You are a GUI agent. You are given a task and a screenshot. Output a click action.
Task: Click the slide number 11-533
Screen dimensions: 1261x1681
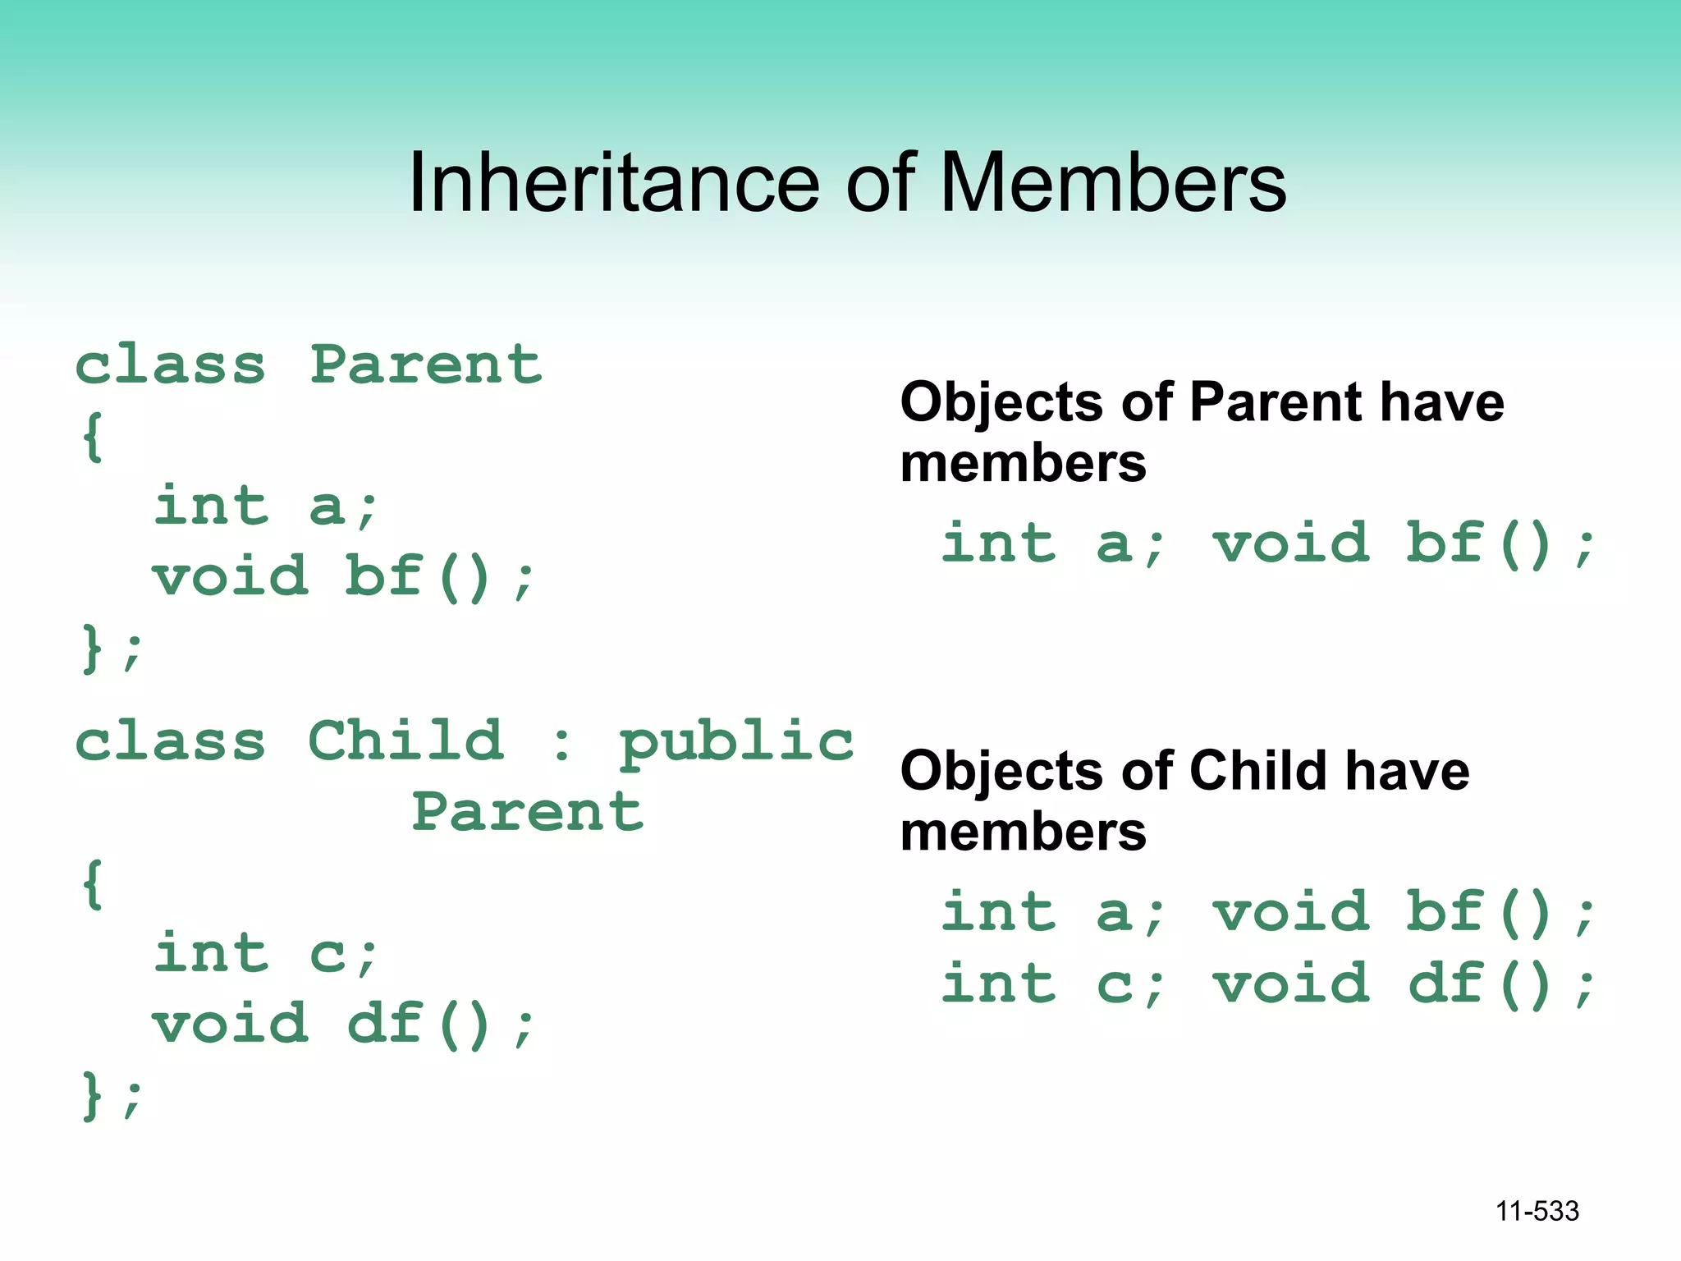[x=1537, y=1211]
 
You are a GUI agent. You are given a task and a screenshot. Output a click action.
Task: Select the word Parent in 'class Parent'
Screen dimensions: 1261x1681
[x=426, y=365]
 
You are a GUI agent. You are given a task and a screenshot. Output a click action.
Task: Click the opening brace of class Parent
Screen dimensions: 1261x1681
[x=92, y=437]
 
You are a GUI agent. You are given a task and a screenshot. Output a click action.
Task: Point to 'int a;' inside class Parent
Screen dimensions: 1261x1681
[x=265, y=506]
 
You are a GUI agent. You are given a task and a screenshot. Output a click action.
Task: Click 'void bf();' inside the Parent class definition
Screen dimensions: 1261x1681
[x=343, y=577]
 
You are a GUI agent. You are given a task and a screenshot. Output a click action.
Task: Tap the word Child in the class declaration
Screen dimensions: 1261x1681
[x=405, y=741]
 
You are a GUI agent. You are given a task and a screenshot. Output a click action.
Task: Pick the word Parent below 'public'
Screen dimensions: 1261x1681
[x=528, y=812]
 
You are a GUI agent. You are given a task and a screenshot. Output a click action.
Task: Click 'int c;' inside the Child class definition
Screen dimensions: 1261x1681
[x=265, y=954]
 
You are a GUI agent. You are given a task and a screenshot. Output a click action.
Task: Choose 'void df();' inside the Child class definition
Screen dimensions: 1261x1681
[x=343, y=1025]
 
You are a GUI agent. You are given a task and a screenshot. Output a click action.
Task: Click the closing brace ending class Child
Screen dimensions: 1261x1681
[x=92, y=1097]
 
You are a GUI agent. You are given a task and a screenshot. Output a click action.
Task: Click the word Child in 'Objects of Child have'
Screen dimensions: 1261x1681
[x=1257, y=772]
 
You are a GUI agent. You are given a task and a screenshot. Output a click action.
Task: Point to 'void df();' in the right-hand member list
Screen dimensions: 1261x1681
[x=1404, y=984]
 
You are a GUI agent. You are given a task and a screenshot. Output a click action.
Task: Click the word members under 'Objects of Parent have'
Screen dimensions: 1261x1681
[x=1023, y=464]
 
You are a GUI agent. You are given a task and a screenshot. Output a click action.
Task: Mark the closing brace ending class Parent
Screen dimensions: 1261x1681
[x=92, y=649]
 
